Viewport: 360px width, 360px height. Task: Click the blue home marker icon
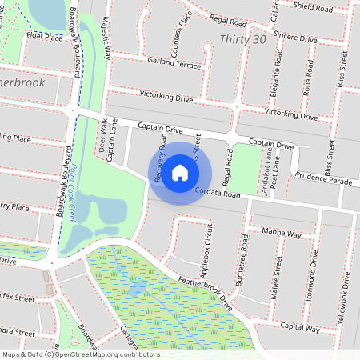click(x=180, y=171)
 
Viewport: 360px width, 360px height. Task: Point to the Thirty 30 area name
click(x=242, y=39)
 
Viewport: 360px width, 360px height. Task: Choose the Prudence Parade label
click(x=323, y=180)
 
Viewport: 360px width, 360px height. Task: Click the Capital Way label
click(x=300, y=329)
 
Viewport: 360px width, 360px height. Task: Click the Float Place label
click(x=44, y=37)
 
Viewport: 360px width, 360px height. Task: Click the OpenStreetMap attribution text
click(x=80, y=354)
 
